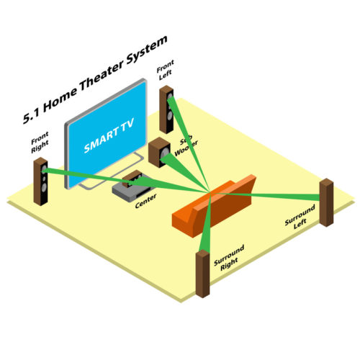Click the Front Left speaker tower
coord(166,109)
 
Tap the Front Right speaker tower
coord(40,181)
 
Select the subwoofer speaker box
coord(159,153)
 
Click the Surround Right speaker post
coord(203,274)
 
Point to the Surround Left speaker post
coord(326,202)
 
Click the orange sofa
coord(214,206)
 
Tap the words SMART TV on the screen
coord(109,136)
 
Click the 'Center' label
coord(145,201)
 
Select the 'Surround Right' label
coord(229,258)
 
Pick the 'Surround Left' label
coord(300,217)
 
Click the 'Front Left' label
coord(165,70)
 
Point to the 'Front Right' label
coord(40,142)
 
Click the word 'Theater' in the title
coord(102,75)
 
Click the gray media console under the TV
coord(131,189)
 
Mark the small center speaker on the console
coord(132,179)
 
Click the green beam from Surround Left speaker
coord(265,195)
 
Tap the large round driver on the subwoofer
coord(165,152)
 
